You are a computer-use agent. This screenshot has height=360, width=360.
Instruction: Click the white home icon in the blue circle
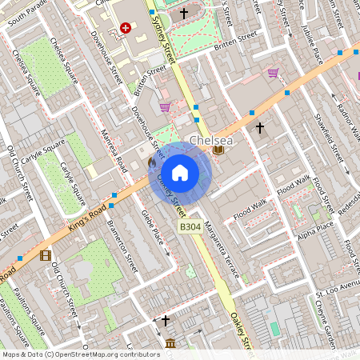pyautogui.click(x=180, y=172)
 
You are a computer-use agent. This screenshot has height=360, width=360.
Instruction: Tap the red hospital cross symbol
pyautogui.click(x=125, y=28)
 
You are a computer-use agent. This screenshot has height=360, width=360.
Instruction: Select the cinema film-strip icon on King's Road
pyautogui.click(x=45, y=256)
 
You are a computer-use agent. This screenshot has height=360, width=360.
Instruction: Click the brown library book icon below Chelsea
pyautogui.click(x=218, y=150)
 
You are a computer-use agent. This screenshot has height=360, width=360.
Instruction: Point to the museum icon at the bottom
pyautogui.click(x=170, y=344)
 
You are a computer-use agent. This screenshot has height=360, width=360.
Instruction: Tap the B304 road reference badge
pyautogui.click(x=190, y=228)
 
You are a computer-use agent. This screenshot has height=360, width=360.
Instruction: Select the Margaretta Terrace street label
pyautogui.click(x=221, y=247)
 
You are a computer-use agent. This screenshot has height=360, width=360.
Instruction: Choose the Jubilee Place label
pyautogui.click(x=317, y=47)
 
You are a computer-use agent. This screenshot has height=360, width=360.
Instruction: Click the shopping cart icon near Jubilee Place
pyautogui.click(x=274, y=73)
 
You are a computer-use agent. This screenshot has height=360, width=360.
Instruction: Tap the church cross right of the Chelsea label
pyautogui.click(x=259, y=127)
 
